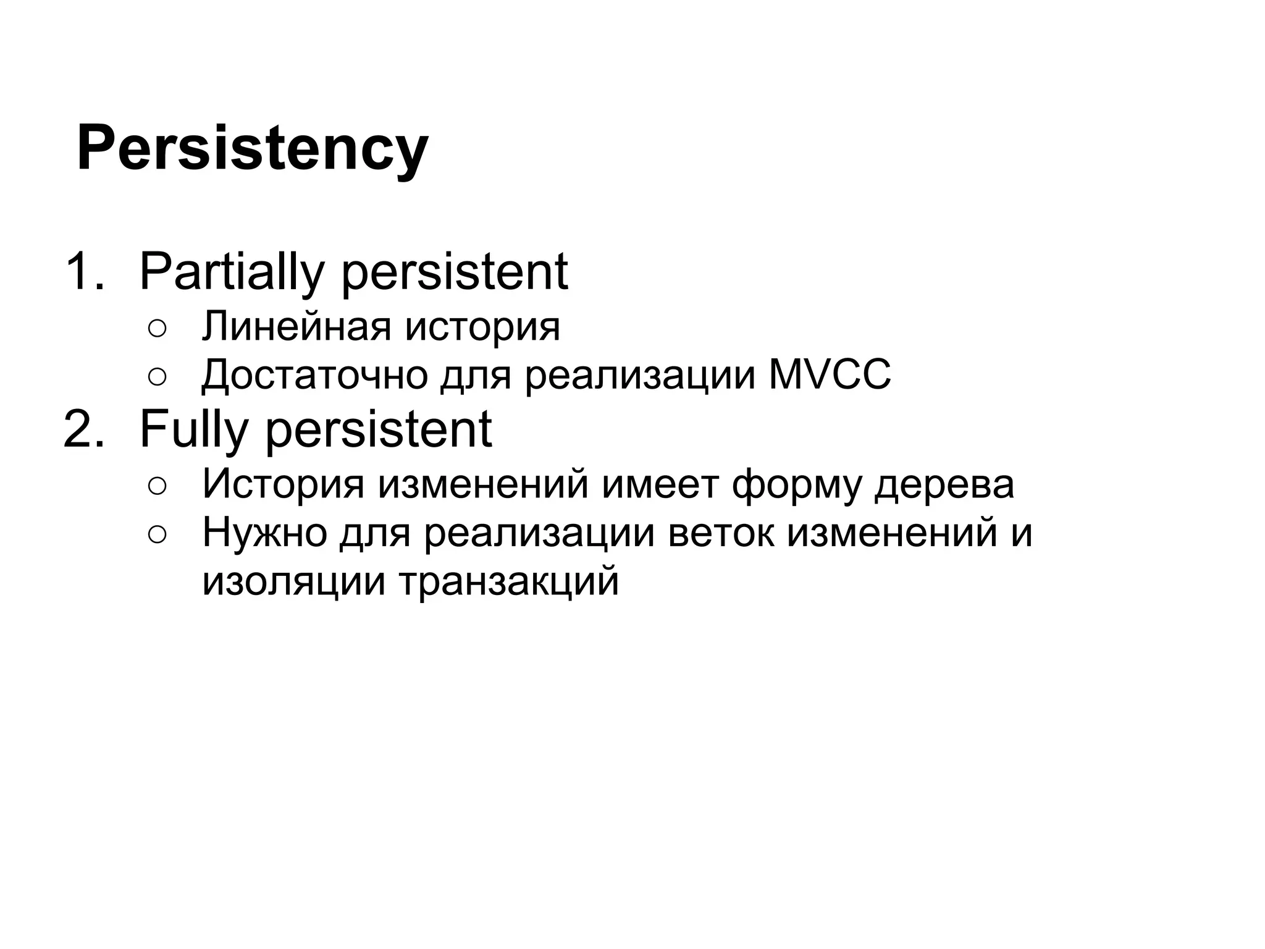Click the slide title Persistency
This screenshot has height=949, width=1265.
[252, 149]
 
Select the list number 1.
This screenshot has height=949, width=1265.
[83, 271]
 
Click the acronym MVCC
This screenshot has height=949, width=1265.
[830, 374]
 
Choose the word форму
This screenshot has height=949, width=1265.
[796, 484]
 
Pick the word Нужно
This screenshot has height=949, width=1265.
[264, 533]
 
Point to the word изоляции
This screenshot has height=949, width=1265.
[294, 581]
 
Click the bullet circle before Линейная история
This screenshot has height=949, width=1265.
[157, 329]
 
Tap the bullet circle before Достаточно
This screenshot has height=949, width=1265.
[157, 377]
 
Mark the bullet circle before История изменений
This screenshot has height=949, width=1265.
[157, 487]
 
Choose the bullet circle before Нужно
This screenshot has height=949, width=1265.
[157, 535]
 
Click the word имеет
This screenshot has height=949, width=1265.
[660, 484]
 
